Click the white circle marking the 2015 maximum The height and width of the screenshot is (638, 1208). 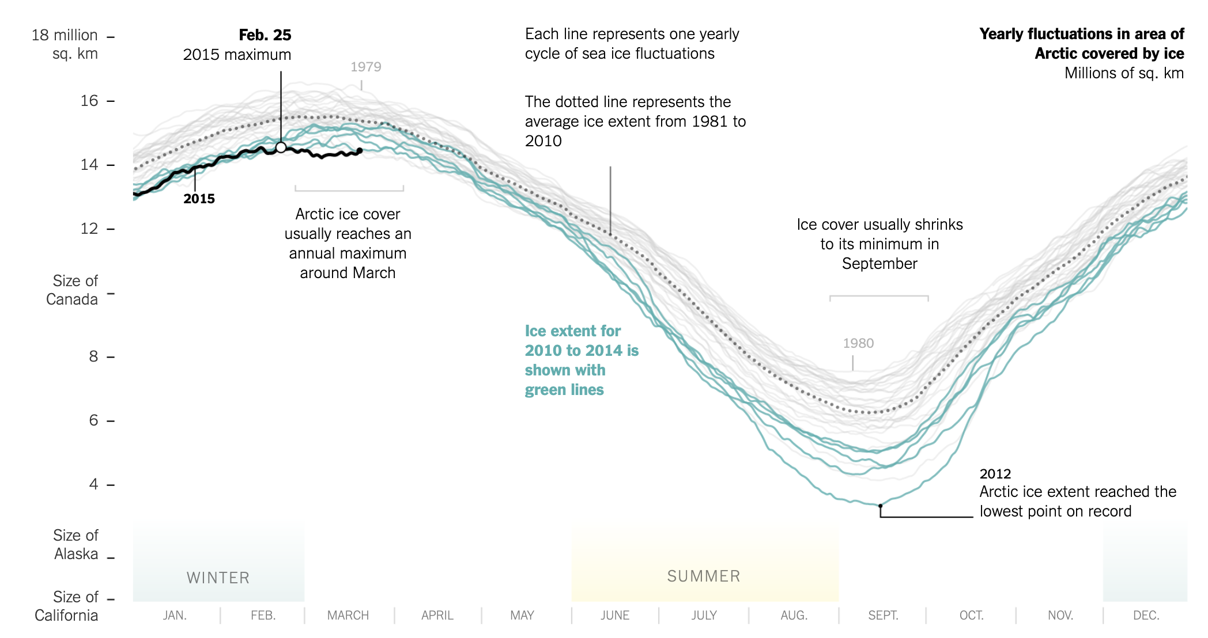tap(281, 147)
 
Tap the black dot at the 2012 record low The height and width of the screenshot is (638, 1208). tap(880, 506)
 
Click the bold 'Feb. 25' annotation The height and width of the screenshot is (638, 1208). tap(265, 35)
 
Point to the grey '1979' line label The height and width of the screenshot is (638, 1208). tap(366, 67)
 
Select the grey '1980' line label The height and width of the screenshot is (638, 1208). tap(858, 343)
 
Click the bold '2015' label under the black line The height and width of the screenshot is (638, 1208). tap(199, 199)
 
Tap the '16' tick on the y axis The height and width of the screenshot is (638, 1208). tap(89, 101)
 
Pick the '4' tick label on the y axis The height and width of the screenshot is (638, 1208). tap(93, 484)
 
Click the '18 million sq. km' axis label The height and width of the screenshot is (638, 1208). tap(65, 44)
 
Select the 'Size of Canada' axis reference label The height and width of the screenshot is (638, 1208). tap(73, 290)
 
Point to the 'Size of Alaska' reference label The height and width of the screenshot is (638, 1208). tap(75, 545)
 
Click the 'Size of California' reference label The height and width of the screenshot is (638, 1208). tap(67, 606)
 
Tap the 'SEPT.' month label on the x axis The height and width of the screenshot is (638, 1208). tap(883, 616)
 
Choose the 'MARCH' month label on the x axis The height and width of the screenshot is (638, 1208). tap(348, 616)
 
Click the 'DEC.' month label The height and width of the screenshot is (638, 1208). tap(1146, 616)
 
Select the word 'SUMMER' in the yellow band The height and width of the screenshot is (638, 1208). tap(704, 576)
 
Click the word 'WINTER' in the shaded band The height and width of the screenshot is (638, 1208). tap(218, 578)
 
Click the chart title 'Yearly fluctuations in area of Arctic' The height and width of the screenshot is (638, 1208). tap(1082, 44)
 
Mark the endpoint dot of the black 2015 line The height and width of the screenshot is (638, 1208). tap(360, 151)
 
